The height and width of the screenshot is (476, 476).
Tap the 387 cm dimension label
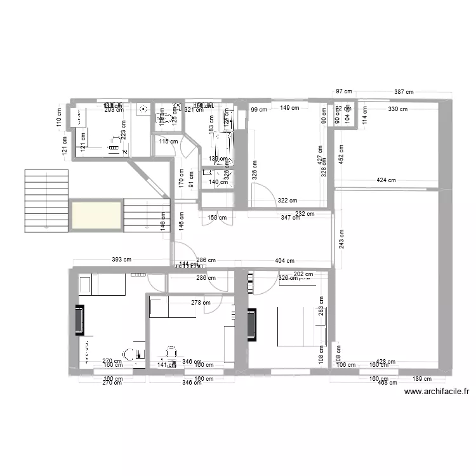pos(404,93)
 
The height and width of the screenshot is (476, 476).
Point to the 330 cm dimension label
pos(398,109)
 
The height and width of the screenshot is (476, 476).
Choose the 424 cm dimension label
pos(387,180)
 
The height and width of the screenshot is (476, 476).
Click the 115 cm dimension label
pos(169,142)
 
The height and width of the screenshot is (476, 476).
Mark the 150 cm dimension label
pos(216,218)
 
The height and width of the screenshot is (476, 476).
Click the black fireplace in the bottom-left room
pos(79,321)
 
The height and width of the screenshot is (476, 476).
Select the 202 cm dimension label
pos(303,274)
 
